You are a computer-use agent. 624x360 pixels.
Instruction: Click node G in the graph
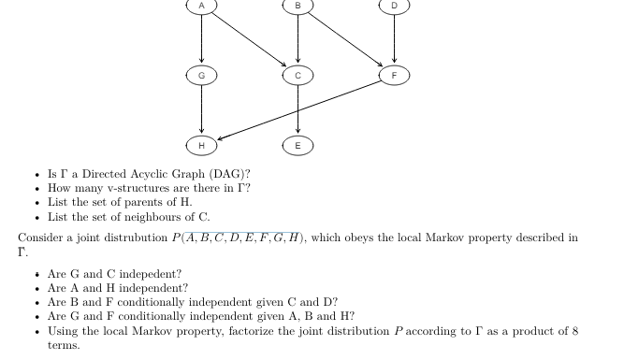click(200, 74)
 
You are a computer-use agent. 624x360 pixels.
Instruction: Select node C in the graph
click(297, 74)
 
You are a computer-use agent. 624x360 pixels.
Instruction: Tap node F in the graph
click(394, 74)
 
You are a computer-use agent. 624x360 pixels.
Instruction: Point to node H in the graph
click(200, 145)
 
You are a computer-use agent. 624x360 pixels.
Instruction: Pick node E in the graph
click(297, 145)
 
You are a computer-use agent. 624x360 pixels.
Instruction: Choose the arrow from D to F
click(394, 37)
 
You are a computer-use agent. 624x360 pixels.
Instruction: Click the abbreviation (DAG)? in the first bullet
click(230, 174)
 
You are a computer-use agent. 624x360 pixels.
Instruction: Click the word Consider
click(40, 238)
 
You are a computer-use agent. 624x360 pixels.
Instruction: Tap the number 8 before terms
click(574, 331)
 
